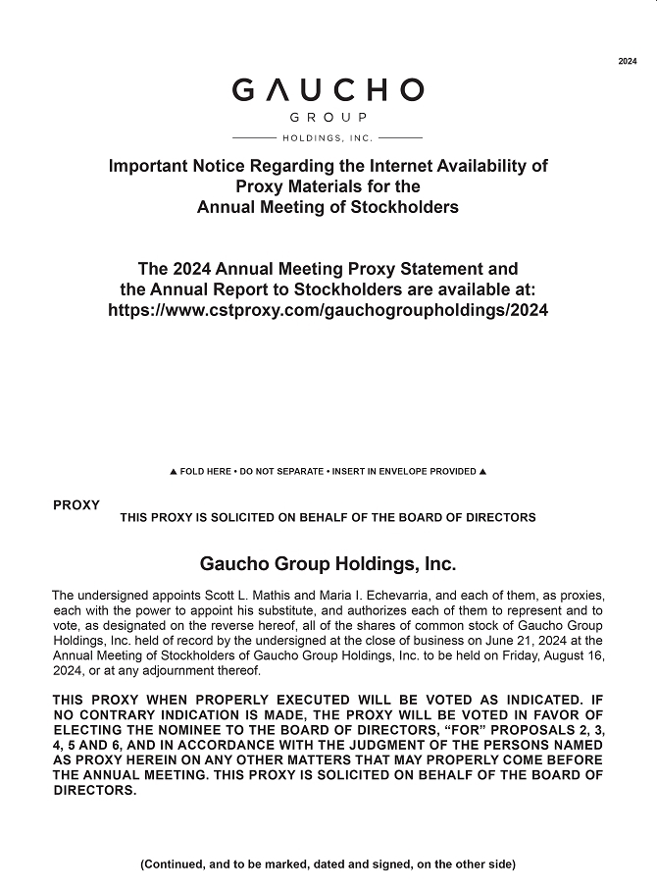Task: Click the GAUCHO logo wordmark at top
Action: pos(328,90)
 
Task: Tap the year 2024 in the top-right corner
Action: pos(628,62)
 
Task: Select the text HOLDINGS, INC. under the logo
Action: pos(328,137)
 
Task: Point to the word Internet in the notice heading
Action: pos(374,166)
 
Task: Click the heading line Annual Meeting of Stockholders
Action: pos(328,207)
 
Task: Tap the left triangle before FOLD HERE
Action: pos(174,472)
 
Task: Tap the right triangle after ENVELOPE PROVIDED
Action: pos(482,472)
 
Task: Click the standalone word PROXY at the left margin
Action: pos(76,505)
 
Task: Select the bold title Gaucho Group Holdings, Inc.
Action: pos(328,565)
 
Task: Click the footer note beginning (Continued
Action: pos(328,864)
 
